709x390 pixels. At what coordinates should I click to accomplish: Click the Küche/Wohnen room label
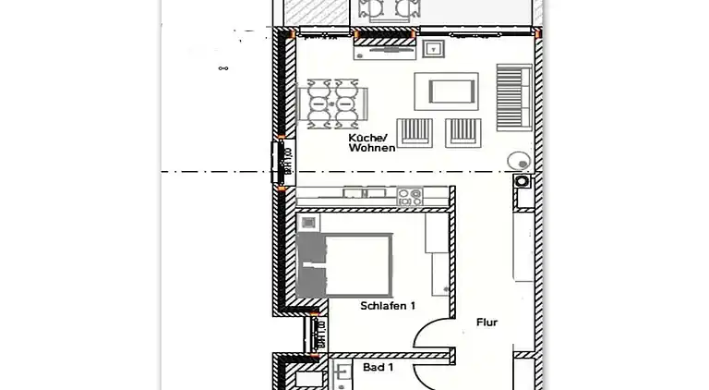pos(371,142)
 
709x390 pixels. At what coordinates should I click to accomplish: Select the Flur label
pos(487,323)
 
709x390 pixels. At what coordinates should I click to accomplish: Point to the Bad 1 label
pos(378,367)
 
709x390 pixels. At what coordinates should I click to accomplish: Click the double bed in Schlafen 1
pos(346,263)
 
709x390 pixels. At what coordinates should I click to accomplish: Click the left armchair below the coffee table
pos(415,133)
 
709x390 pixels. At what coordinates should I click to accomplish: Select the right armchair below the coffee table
pos(463,133)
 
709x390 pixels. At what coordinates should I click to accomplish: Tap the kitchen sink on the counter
pos(364,194)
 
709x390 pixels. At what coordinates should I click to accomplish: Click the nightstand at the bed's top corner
pos(308,222)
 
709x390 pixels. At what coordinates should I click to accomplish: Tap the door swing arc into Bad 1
pos(430,372)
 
